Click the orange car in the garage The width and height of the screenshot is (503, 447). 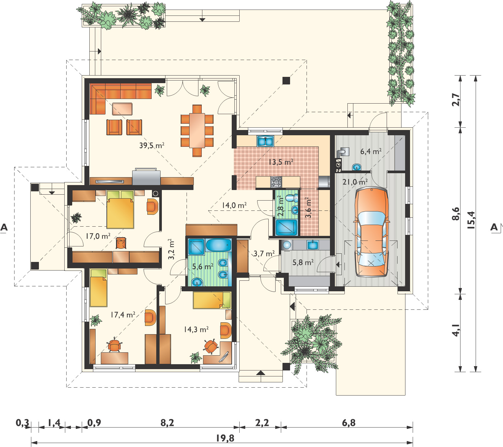371,233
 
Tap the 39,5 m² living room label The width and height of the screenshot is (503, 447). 152,145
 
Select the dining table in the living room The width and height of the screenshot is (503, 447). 197,130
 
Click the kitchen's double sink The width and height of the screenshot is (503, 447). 265,141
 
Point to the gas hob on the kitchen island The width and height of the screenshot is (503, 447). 276,182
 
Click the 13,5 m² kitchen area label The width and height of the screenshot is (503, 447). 281,162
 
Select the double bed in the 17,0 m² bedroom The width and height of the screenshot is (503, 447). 120,209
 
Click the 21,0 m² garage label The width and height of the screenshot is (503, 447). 355,182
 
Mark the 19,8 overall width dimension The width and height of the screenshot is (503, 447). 225,438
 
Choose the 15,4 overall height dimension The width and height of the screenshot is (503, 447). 471,220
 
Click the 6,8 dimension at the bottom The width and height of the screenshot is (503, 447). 349,423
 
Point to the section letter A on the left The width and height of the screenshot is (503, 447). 4,227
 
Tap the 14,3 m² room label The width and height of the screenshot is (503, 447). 196,330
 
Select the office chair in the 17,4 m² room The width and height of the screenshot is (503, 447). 114,345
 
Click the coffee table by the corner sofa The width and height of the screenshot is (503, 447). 122,109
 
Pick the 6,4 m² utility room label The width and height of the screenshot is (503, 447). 371,151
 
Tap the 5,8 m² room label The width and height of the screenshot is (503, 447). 303,262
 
